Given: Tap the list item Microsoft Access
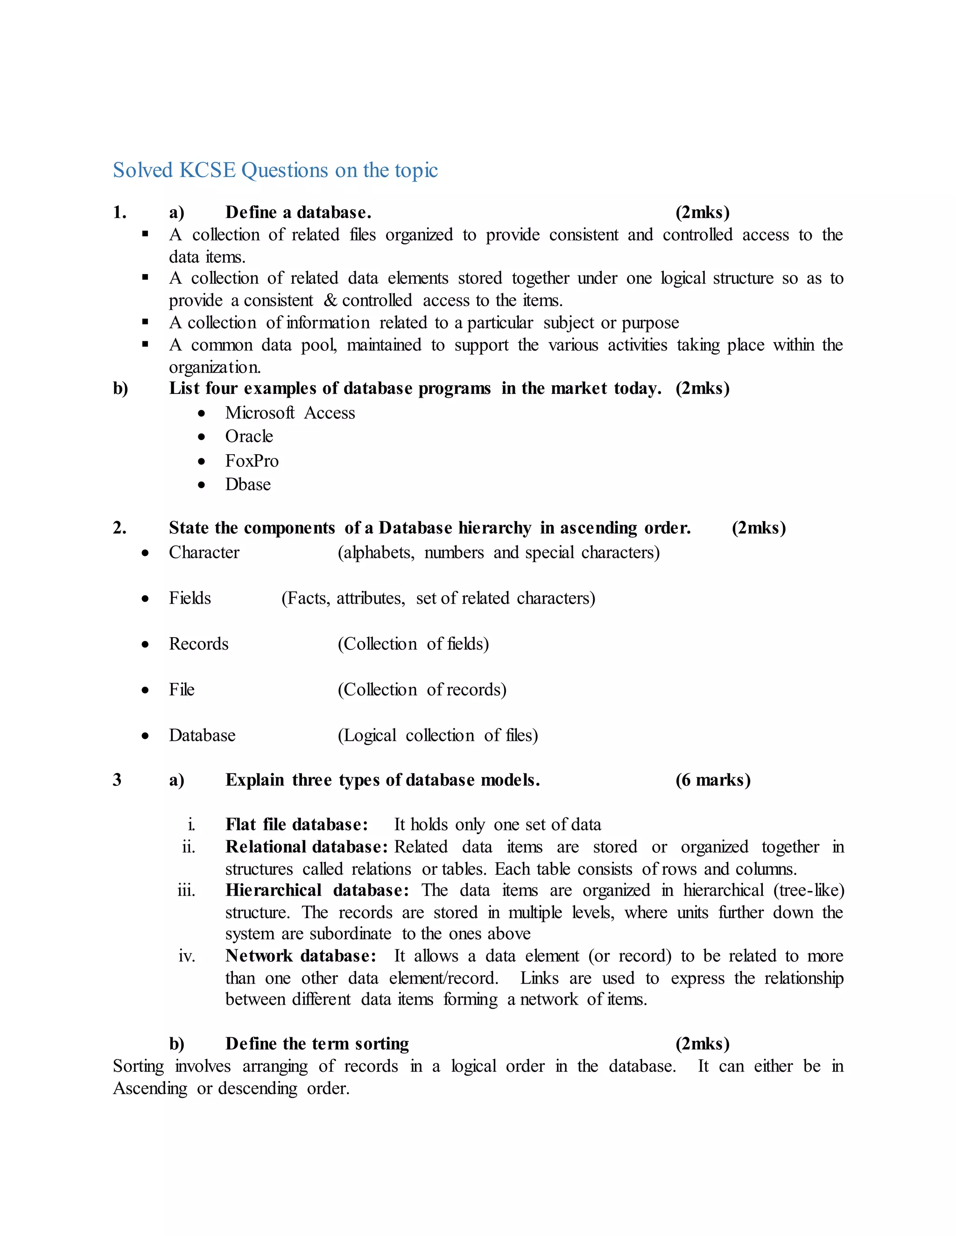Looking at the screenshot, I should click(290, 413).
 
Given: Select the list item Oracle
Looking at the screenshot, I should click(249, 437).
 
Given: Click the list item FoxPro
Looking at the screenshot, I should click(252, 461).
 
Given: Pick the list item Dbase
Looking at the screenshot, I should click(248, 485).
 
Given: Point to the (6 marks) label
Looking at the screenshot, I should click(713, 780).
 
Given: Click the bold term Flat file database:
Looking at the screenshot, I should click(297, 825).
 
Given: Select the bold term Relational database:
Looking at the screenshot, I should click(306, 847).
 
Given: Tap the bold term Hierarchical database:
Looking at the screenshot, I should click(317, 890).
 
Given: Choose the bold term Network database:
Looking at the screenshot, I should click(301, 956).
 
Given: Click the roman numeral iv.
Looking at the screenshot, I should click(187, 956).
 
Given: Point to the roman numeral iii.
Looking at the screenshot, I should click(186, 890).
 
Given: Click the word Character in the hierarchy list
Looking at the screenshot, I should click(204, 552).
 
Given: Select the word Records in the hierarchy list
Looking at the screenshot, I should click(199, 644).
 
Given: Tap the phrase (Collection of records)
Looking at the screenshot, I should click(422, 690).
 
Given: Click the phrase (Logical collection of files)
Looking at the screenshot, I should click(438, 736).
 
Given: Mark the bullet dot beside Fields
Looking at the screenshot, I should click(146, 599).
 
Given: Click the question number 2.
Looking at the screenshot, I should click(119, 528).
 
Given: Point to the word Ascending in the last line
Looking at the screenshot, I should click(150, 1089).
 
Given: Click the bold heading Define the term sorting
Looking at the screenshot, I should click(317, 1044).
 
